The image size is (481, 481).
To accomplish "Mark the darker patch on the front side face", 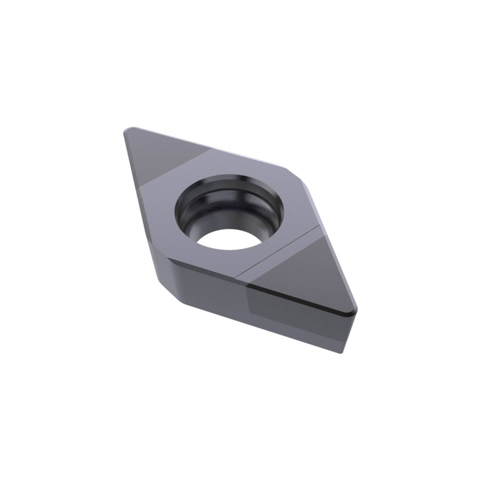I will [x=295, y=317].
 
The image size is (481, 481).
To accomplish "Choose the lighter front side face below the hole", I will [x=213, y=288].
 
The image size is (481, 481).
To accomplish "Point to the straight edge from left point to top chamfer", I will [x=207, y=147].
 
